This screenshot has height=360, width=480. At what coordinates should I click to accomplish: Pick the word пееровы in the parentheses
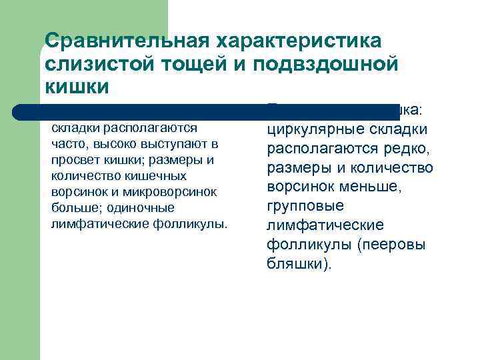(392, 245)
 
